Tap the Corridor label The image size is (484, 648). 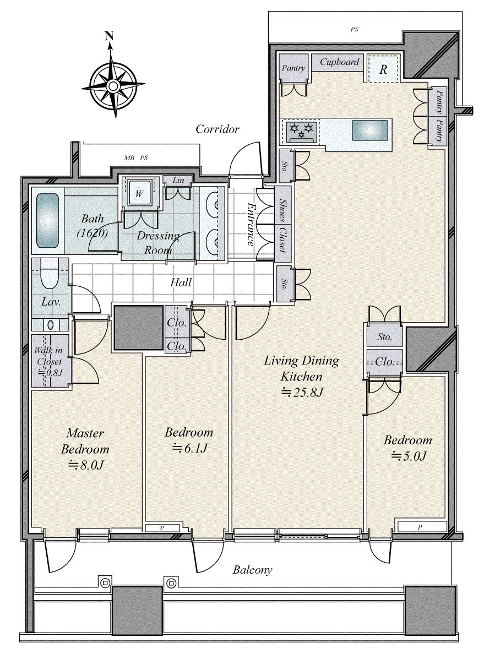[217, 129]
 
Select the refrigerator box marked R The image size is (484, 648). [383, 70]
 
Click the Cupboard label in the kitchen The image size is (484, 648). [340, 62]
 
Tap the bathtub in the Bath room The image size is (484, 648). [48, 220]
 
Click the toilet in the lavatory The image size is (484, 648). [50, 275]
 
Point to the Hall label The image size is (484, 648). [181, 282]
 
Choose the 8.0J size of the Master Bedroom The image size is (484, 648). [86, 465]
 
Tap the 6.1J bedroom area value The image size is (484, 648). [189, 448]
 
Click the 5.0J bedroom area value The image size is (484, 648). [409, 456]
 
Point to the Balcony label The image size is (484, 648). [252, 570]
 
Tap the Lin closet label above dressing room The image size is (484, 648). [178, 181]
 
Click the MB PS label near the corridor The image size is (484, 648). [136, 158]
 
